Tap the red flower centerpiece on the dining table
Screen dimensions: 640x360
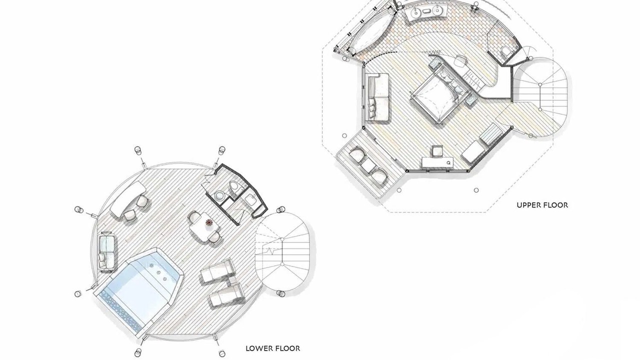[x=209, y=222]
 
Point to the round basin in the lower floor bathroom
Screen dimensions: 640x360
[x=219, y=195]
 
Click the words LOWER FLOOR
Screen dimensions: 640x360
[x=273, y=348]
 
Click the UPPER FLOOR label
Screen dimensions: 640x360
[x=542, y=205]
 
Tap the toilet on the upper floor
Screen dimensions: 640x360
[x=505, y=53]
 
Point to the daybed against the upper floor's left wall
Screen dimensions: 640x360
[x=377, y=97]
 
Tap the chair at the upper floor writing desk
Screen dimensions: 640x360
[x=437, y=150]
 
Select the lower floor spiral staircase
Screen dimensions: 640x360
[x=282, y=251]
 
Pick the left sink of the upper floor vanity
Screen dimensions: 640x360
[x=415, y=12]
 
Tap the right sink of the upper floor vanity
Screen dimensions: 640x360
[x=436, y=10]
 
